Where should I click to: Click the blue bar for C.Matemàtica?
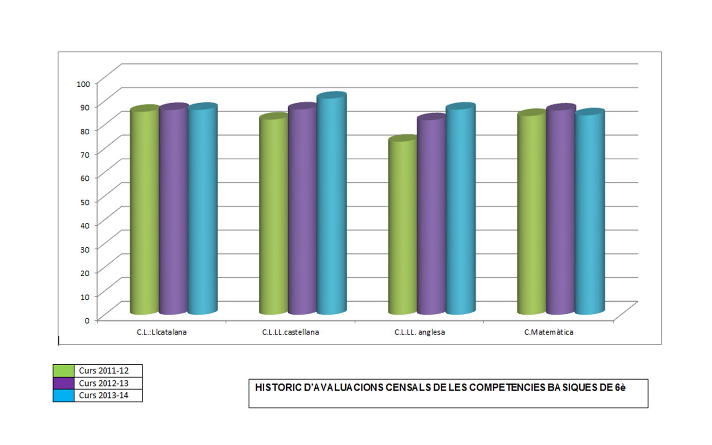(x=590, y=213)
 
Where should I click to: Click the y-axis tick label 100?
(x=83, y=84)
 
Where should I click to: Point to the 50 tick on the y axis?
(x=85, y=202)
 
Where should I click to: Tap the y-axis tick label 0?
(x=87, y=321)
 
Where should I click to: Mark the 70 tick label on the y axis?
(x=85, y=155)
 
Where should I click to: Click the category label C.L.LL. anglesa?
(x=419, y=332)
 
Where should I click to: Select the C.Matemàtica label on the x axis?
(x=548, y=332)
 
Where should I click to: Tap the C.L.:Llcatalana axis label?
(x=162, y=332)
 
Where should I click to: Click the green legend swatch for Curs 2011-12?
(x=63, y=371)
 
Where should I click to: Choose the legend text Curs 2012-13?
(x=104, y=383)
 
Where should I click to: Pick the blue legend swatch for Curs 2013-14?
(x=63, y=395)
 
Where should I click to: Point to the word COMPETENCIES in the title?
(x=507, y=388)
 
